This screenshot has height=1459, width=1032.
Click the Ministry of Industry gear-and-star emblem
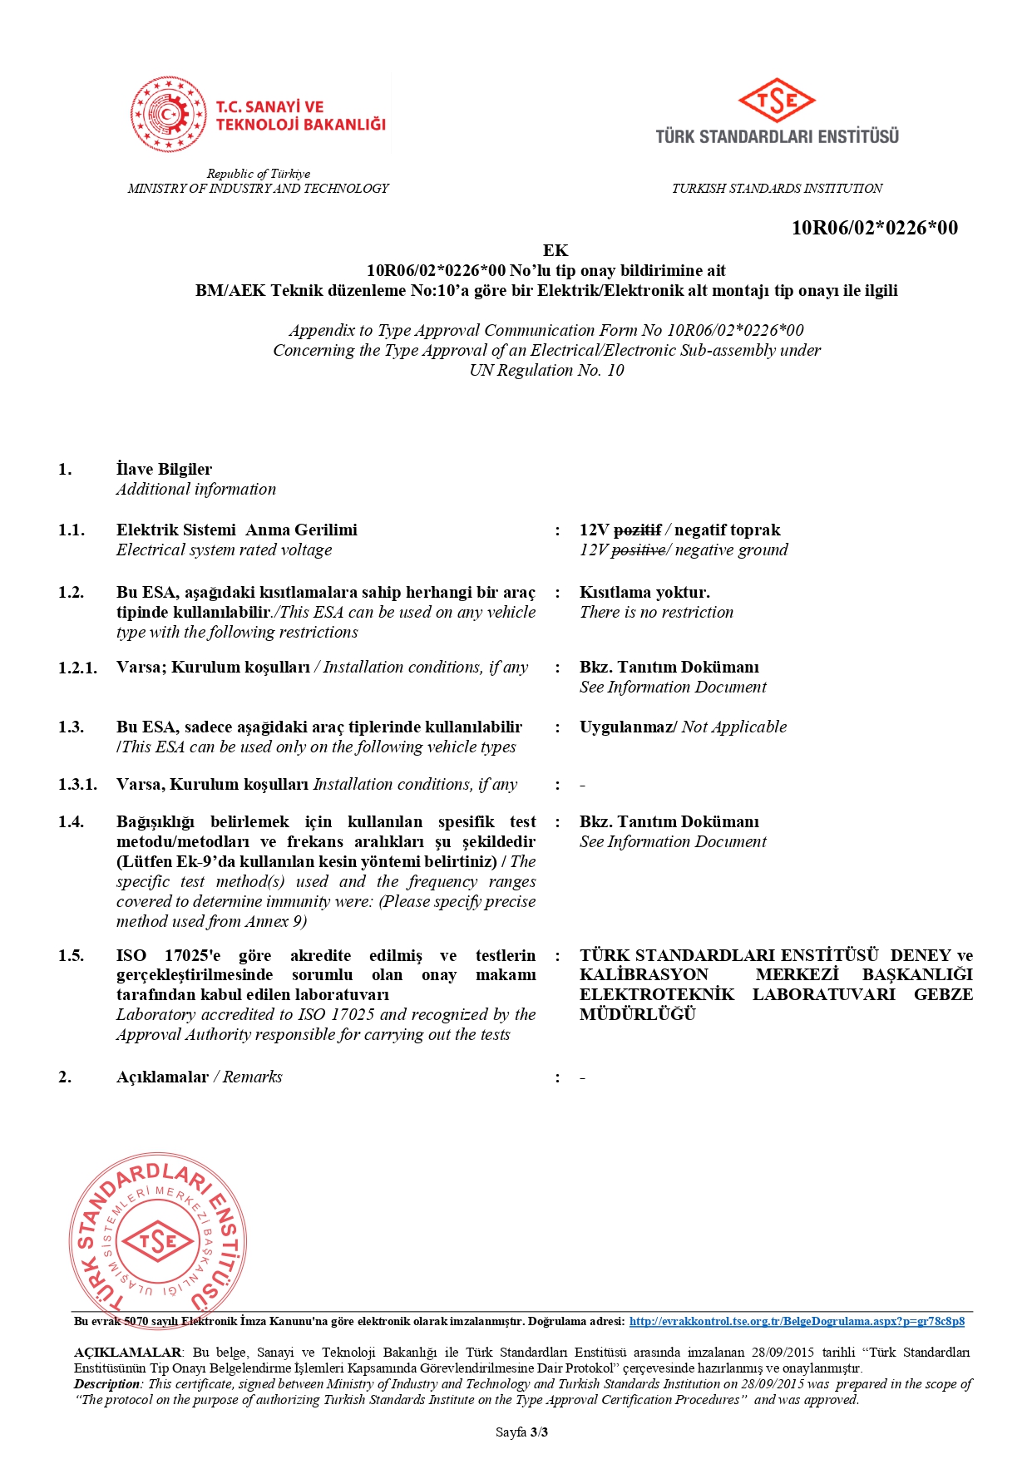(168, 115)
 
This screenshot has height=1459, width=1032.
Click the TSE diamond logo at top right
(777, 101)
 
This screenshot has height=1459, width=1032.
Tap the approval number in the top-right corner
(874, 228)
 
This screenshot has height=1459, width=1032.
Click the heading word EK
(556, 250)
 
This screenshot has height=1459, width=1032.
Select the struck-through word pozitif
(637, 530)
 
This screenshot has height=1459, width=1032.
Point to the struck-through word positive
(638, 550)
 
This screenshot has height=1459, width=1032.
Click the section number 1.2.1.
(77, 668)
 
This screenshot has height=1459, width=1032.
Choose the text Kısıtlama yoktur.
(644, 593)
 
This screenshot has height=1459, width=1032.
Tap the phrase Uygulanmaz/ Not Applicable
(683, 727)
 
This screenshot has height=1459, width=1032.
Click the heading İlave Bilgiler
(164, 470)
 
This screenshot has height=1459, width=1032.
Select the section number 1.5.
(71, 956)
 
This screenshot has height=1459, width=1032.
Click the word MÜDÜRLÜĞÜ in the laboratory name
(637, 1015)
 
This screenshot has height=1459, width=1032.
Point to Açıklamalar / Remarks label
(199, 1077)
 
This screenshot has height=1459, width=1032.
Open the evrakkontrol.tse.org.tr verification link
(797, 1321)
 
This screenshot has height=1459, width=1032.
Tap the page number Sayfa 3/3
(521, 1432)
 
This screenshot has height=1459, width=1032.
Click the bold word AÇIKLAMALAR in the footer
(127, 1353)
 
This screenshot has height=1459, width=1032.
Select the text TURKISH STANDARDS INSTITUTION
(777, 189)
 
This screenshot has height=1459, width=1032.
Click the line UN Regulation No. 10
(546, 371)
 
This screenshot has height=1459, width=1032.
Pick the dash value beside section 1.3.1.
(582, 786)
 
